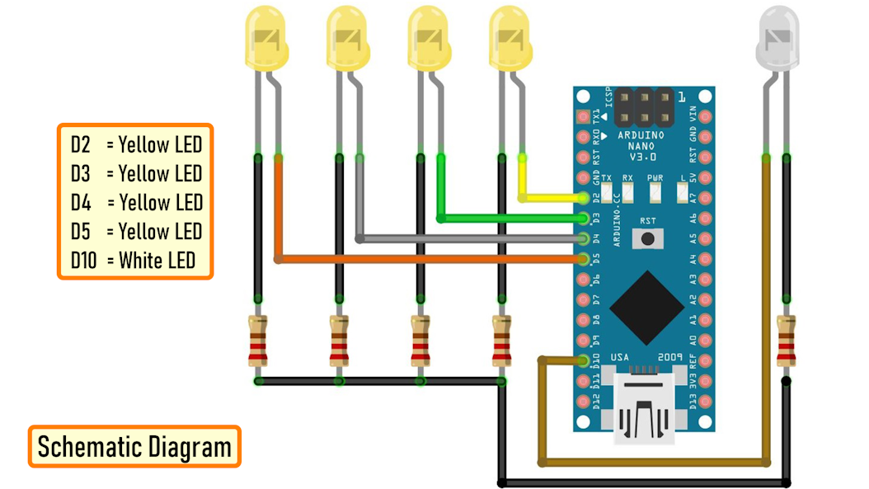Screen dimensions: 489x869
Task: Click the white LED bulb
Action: (777, 37)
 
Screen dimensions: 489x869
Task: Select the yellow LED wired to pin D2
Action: (510, 37)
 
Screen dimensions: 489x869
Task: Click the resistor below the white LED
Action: (787, 341)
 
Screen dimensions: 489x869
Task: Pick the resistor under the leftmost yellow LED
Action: (258, 341)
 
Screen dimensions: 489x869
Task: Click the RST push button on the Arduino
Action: (648, 239)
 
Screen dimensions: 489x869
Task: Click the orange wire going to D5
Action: (429, 259)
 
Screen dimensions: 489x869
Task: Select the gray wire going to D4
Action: (470, 238)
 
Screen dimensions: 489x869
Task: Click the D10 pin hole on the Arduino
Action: (585, 360)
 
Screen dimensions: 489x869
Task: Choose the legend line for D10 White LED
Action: (134, 261)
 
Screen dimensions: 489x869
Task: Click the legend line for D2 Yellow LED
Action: (134, 145)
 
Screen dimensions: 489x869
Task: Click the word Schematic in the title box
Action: (89, 447)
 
